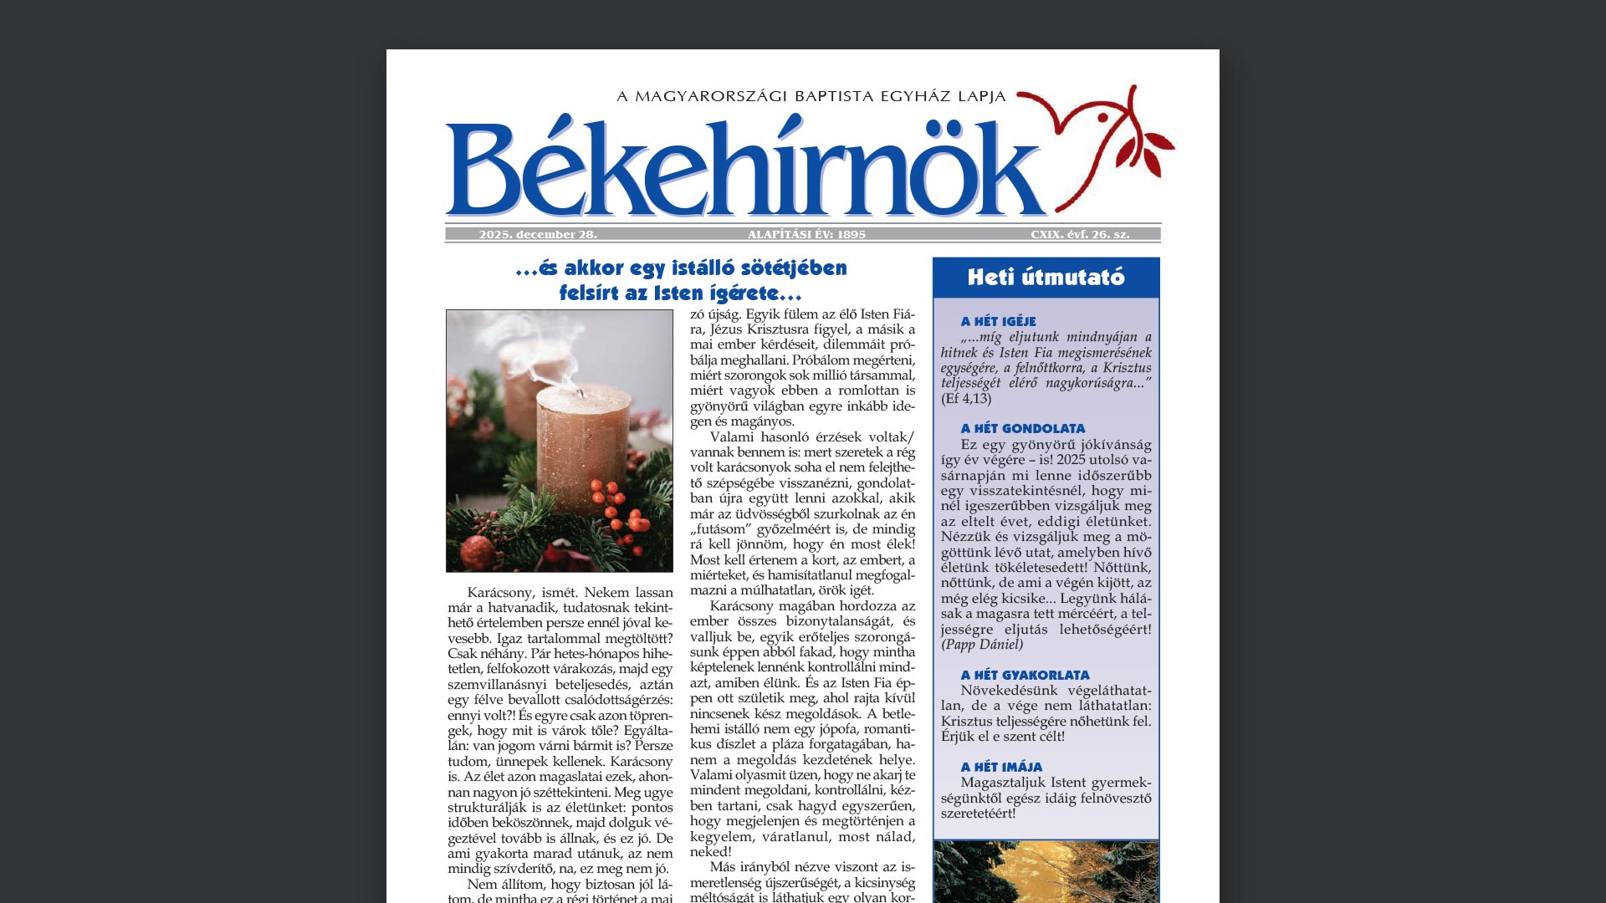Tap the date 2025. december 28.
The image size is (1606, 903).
[538, 235]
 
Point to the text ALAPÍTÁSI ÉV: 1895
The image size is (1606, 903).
[806, 235]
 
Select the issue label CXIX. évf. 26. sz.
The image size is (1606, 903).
[1080, 235]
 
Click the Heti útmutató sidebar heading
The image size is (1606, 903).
[1046, 278]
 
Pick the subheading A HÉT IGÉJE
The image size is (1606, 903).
[998, 322]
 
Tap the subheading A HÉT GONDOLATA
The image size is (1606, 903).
[1022, 429]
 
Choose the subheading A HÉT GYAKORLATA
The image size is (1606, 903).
[1025, 676]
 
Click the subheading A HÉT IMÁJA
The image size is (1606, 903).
[1001, 768]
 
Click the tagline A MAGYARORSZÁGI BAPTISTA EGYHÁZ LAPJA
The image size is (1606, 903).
[811, 97]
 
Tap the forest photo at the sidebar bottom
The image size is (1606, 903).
[1046, 871]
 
